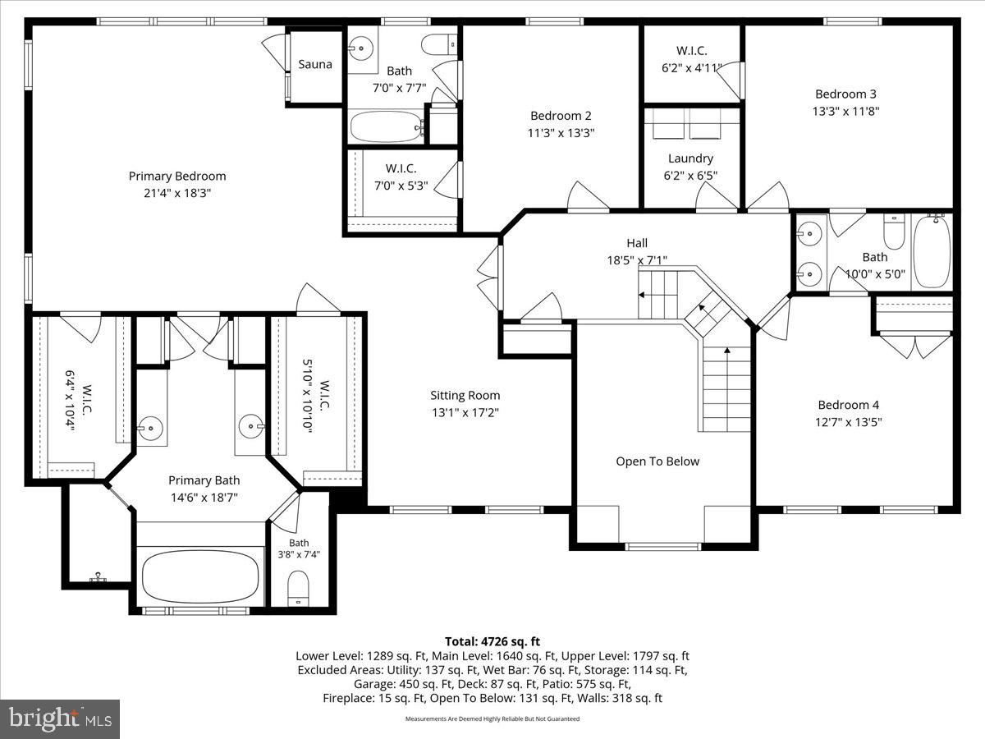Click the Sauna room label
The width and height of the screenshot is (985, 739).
315,64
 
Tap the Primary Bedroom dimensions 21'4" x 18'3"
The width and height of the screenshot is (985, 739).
177,193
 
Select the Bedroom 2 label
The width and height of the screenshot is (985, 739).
561,116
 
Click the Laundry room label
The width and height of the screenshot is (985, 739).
690,158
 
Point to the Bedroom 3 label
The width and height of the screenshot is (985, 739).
841,94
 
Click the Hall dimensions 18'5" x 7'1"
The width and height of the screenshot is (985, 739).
637,259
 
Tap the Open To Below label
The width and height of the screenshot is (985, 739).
657,461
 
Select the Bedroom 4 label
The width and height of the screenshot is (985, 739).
848,405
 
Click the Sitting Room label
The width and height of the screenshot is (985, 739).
465,396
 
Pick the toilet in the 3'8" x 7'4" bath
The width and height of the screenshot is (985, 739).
298,589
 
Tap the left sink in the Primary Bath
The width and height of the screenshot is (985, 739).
149,427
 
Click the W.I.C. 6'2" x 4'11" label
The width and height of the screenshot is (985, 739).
690,51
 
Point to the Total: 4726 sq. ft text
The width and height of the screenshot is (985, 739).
492,641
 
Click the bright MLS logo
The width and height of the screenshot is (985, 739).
60,719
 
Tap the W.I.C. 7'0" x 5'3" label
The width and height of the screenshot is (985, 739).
401,168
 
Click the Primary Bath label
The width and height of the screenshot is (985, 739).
204,480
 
